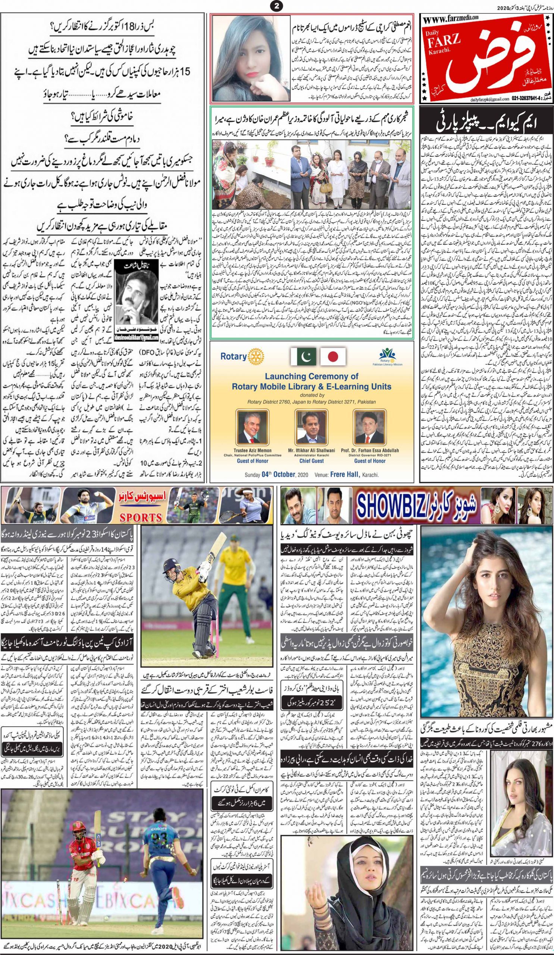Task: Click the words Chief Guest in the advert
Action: pos(312,461)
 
